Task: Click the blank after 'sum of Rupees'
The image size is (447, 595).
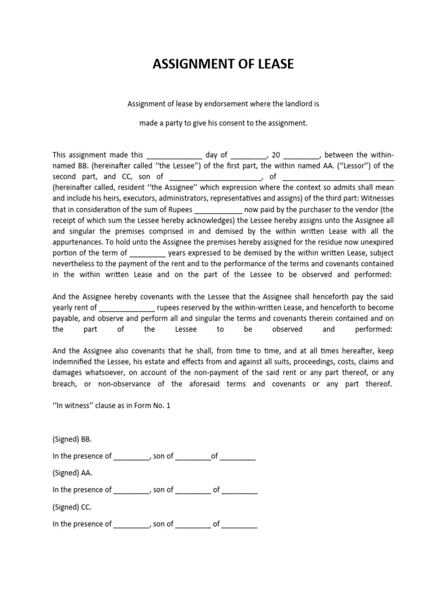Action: click(x=217, y=210)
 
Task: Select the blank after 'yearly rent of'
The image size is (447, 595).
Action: click(x=127, y=307)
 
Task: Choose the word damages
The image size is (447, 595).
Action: click(x=69, y=373)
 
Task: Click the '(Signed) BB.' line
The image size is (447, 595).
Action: click(x=72, y=439)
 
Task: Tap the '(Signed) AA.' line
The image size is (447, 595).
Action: click(x=72, y=473)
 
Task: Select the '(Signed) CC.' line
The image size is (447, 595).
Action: click(x=72, y=507)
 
